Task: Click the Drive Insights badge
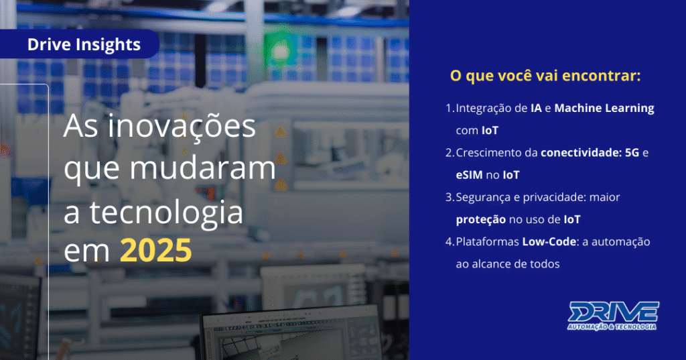(84, 45)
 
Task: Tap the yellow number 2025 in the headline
(155, 251)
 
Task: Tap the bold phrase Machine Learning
(604, 108)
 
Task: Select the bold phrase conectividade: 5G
(586, 152)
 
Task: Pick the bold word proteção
(480, 219)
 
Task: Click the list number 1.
(449, 108)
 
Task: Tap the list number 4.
(449, 241)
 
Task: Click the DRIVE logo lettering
(614, 312)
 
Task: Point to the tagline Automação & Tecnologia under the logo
(612, 326)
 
